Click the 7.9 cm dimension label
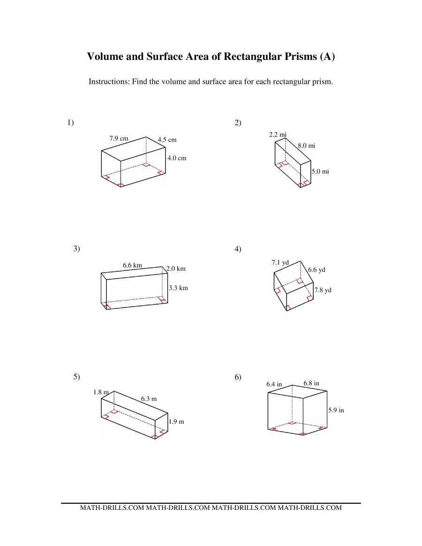[x=119, y=138]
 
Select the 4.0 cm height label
[x=177, y=158]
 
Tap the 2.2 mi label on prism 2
[x=278, y=135]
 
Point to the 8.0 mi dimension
[x=307, y=146]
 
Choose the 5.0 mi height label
[x=320, y=172]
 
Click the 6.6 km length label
[x=132, y=265]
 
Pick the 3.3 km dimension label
[x=178, y=288]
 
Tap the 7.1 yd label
[x=280, y=262]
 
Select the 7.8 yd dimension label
[x=323, y=290]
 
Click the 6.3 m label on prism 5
[x=149, y=399]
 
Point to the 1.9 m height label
[x=176, y=421]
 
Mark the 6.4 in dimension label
[x=274, y=384]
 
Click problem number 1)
[x=70, y=123]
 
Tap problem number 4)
[x=238, y=249]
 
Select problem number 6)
[x=238, y=377]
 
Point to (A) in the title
[x=327, y=57]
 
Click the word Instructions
[x=109, y=82]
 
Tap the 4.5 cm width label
[x=167, y=140]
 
